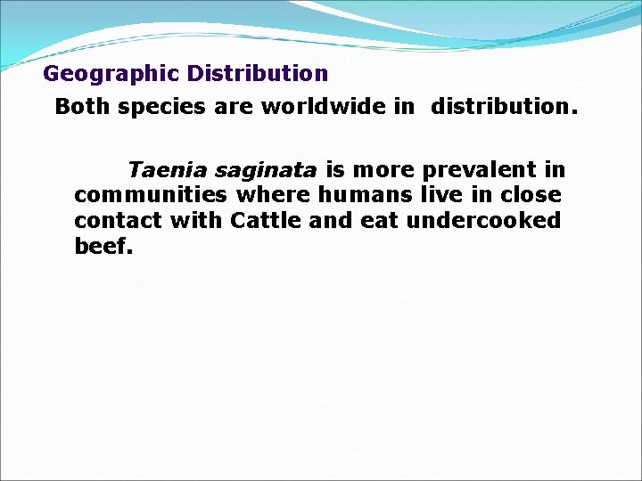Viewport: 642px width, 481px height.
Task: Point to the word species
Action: coord(157,108)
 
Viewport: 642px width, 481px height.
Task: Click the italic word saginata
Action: coord(266,170)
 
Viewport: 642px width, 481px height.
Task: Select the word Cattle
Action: coord(266,220)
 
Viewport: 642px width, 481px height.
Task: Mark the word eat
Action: coord(380,220)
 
